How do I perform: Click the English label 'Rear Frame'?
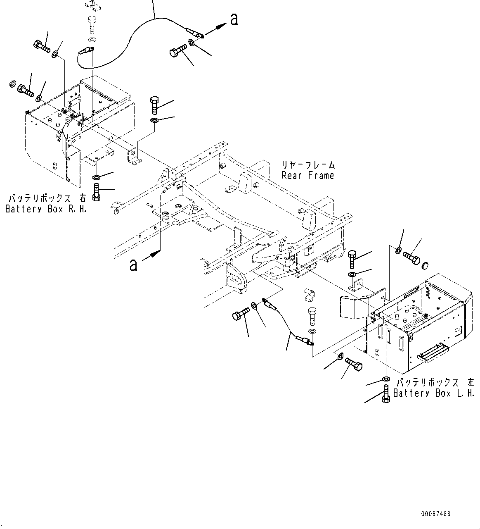pos(308,175)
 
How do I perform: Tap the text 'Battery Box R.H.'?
pos(46,209)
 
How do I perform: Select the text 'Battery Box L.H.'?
pos(434,393)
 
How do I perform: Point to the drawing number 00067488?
pos(435,514)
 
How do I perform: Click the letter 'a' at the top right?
pos(234,19)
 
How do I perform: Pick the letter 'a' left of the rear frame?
pos(133,265)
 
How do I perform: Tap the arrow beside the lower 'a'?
pos(151,256)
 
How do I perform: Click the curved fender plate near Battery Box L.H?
pos(355,304)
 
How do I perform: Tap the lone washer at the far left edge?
pos(12,85)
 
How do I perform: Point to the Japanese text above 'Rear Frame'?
pos(308,165)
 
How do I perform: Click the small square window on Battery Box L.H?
pos(458,331)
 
